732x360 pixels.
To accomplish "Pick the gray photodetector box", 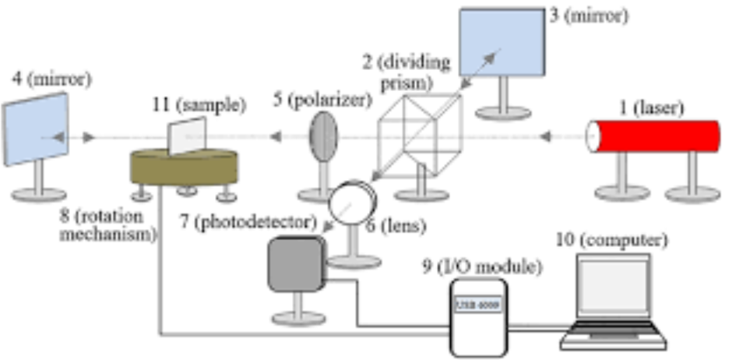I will click(295, 266).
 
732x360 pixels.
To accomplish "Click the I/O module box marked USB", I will click(477, 314).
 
